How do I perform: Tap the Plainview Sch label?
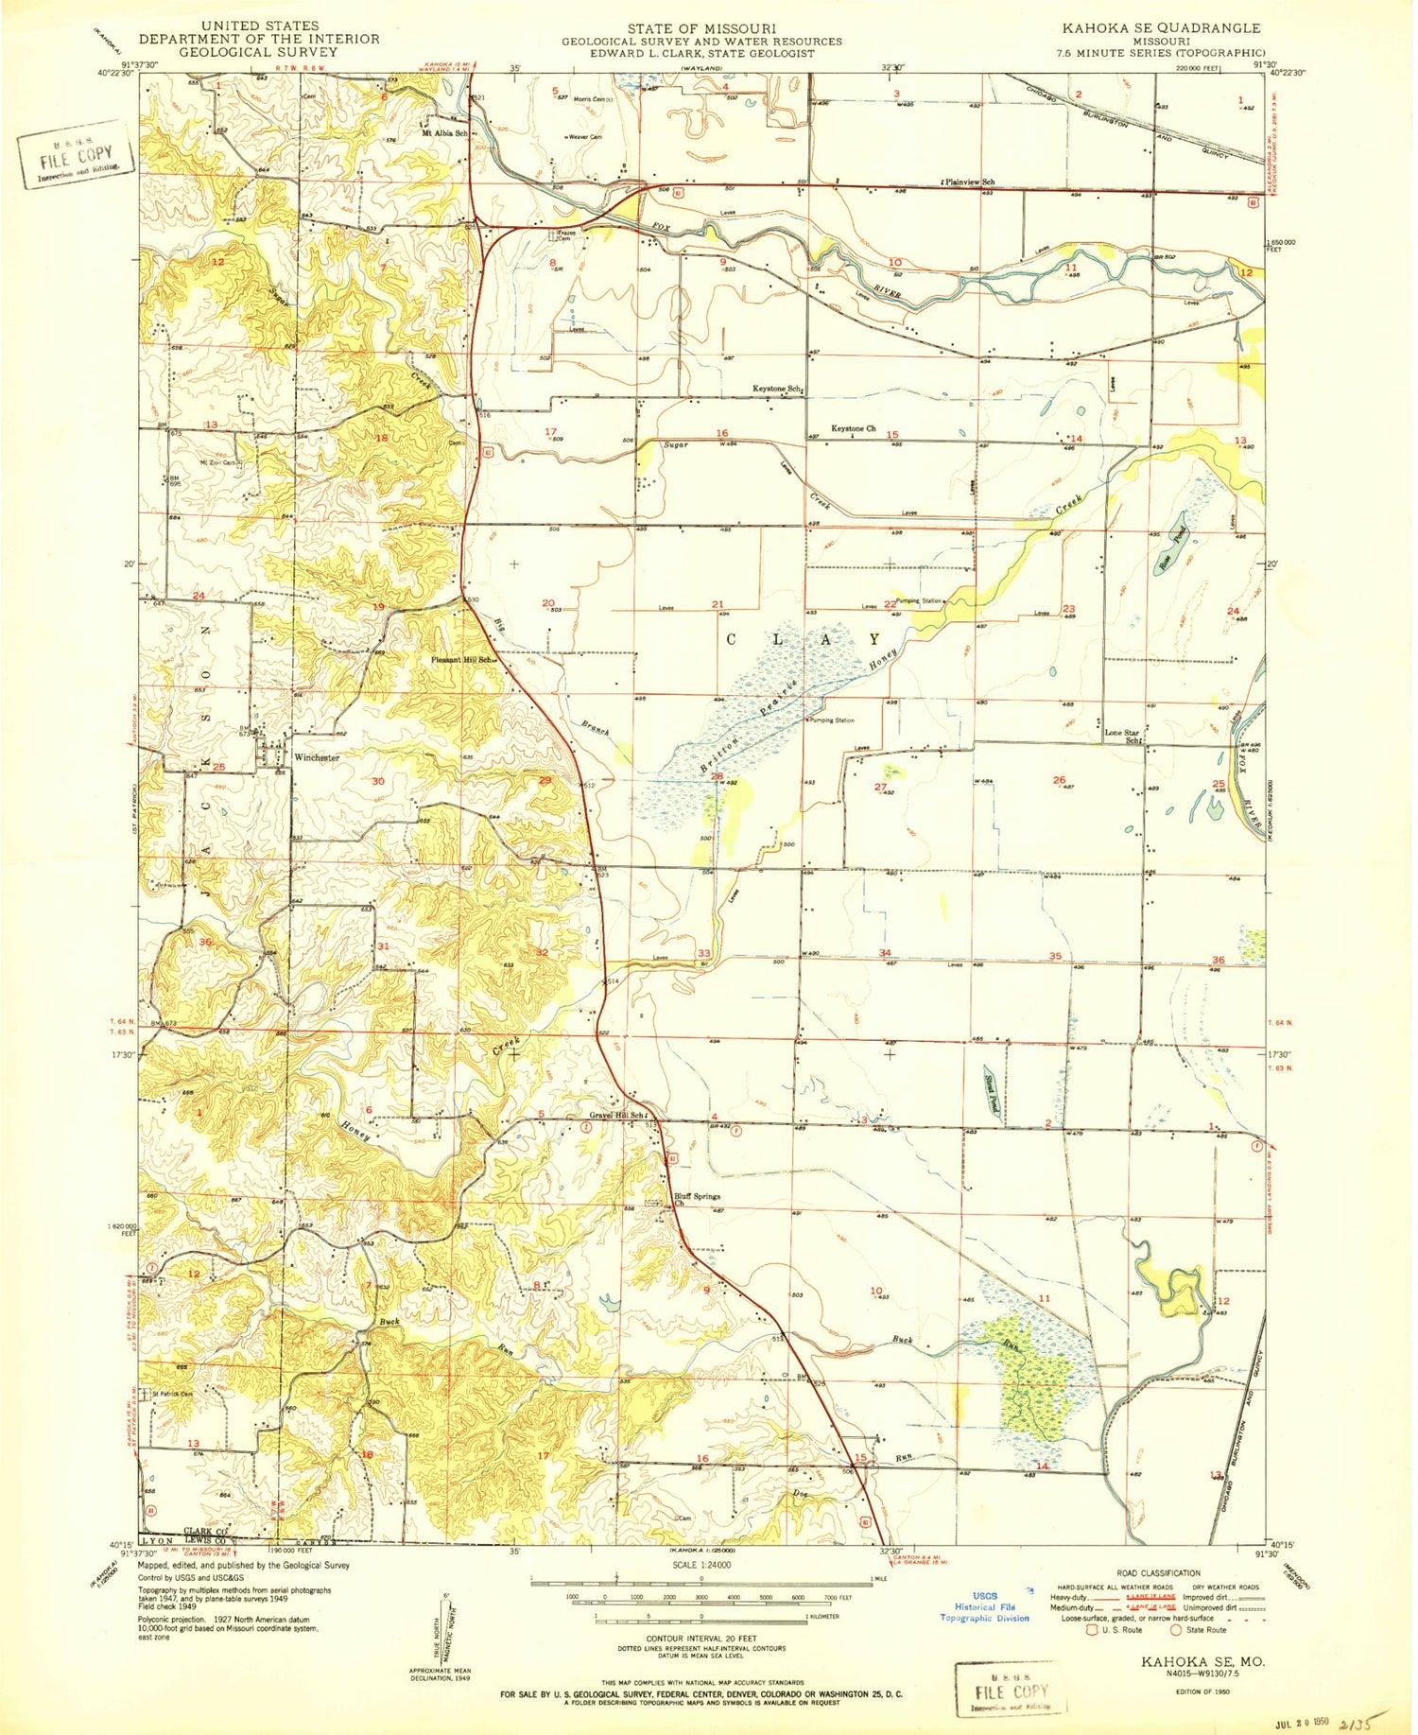click(x=968, y=181)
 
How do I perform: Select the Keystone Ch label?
click(x=853, y=429)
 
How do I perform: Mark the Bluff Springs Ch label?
click(x=696, y=1199)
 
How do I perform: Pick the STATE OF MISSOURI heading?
click(x=701, y=28)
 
